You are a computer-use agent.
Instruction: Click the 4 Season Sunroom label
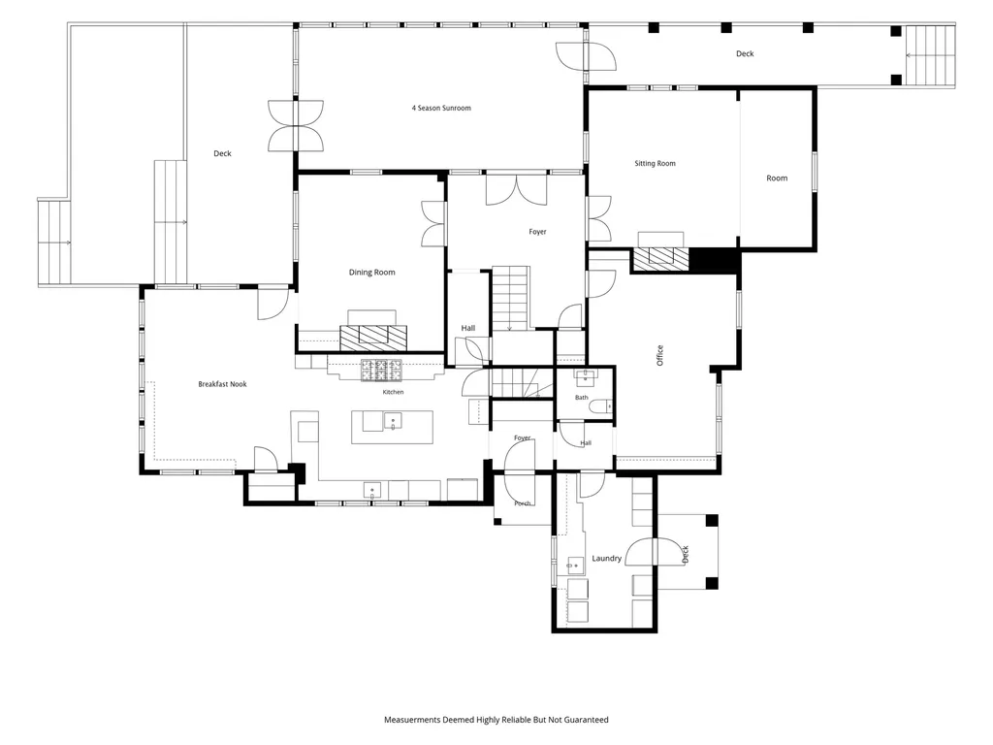[x=441, y=108]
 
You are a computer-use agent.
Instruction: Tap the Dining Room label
[x=371, y=273]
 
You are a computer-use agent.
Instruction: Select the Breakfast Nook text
[x=222, y=384]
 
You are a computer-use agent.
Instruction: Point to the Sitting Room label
[x=655, y=163]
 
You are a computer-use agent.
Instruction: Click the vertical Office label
[x=659, y=355]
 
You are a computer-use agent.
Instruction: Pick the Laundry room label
[x=607, y=558]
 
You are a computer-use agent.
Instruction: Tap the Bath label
[x=582, y=397]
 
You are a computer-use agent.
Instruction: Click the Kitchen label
[x=393, y=392]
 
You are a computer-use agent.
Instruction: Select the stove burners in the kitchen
[x=381, y=370]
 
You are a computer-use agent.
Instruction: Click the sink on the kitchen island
[x=393, y=421]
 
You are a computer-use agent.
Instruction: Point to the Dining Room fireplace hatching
[x=373, y=339]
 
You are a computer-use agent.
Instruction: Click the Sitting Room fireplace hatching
[x=661, y=260]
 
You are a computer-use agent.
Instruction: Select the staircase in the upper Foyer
[x=511, y=298]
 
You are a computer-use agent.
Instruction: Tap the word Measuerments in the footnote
[x=411, y=720]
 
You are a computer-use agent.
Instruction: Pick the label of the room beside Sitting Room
[x=777, y=178]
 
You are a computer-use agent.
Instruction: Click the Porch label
[x=523, y=503]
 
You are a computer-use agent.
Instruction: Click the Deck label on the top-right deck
[x=745, y=54]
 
